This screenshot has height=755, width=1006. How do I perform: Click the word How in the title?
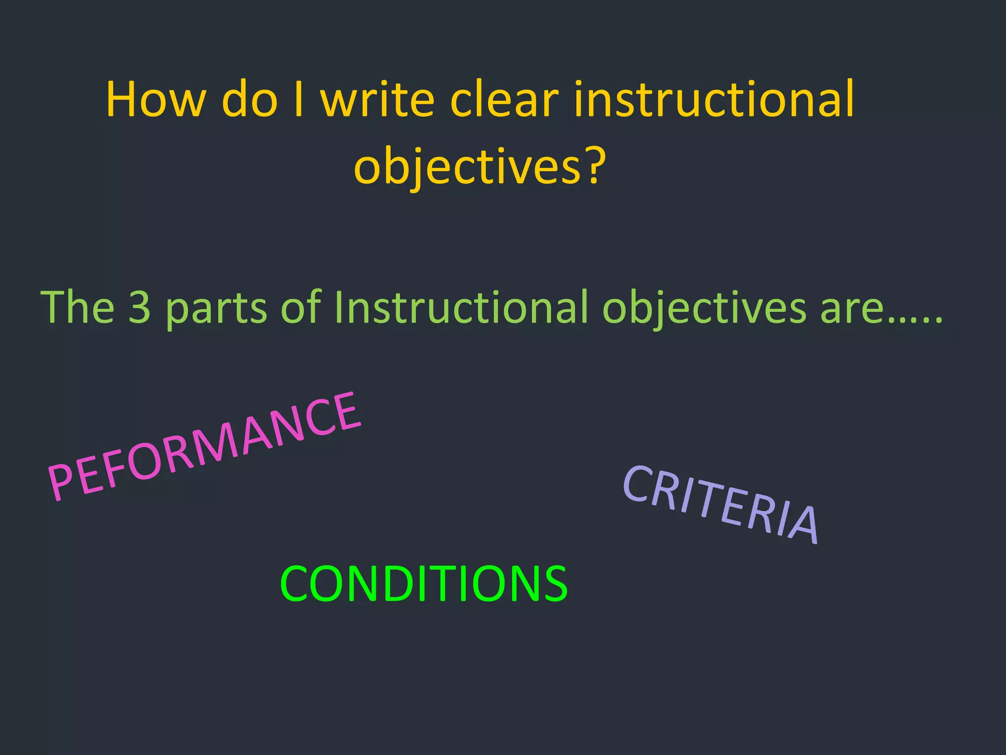tap(155, 100)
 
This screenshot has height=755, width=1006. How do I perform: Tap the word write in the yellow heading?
tap(377, 100)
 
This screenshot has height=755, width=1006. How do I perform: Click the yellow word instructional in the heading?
tap(714, 100)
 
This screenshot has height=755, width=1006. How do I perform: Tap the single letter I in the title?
tap(298, 100)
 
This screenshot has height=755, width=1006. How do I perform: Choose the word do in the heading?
tap(250, 100)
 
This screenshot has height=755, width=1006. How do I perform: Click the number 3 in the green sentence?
tap(140, 307)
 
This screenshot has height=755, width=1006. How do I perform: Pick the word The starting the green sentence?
tap(77, 307)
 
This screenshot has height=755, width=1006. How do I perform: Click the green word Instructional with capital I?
tap(461, 307)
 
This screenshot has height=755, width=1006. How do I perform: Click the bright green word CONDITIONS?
tap(423, 583)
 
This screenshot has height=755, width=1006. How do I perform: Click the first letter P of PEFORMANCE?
tap(62, 484)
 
